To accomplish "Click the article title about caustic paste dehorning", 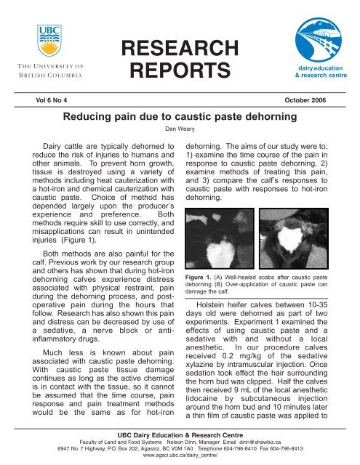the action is (178, 116).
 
